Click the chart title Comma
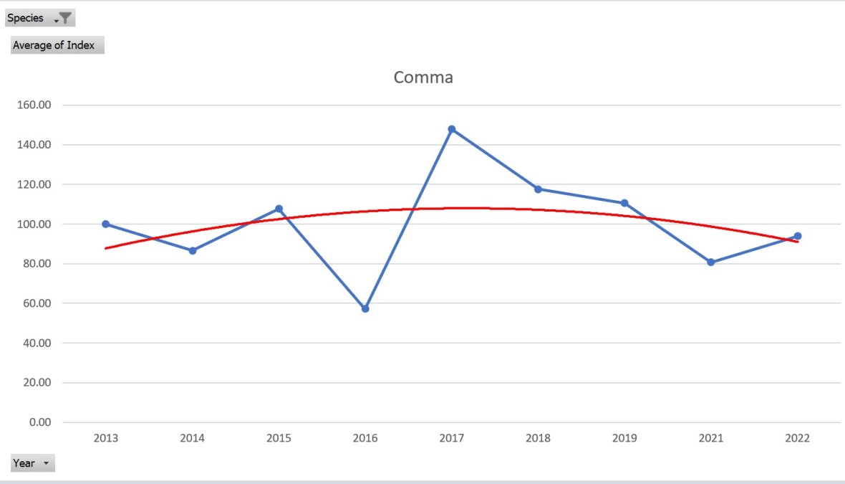[423, 77]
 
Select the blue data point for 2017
[452, 129]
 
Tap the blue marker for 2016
[365, 308]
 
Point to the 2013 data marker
[106, 224]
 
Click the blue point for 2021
[710, 262]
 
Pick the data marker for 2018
[538, 189]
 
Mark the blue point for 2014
[193, 251]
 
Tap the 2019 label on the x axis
[624, 438]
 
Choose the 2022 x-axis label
[796, 438]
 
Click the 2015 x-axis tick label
[279, 438]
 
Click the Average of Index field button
[57, 45]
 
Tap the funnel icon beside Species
[64, 19]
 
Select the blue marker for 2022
[797, 236]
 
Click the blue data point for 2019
[624, 203]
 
